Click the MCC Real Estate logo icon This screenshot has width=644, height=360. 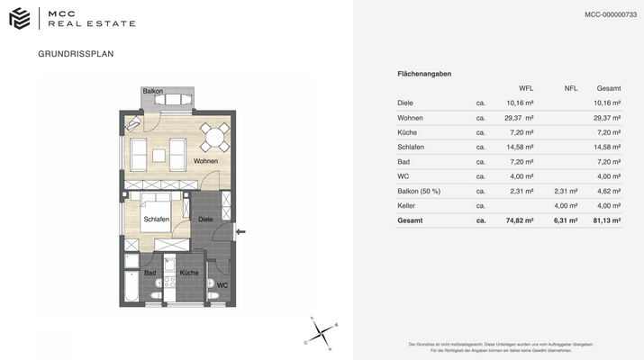coord(20,18)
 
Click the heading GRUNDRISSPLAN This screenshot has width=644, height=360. coord(76,54)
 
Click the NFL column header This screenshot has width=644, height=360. coord(570,88)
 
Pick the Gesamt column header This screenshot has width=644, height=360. coord(609,88)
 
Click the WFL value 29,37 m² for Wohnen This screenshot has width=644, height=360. coord(520,118)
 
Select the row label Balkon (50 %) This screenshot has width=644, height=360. coord(419,191)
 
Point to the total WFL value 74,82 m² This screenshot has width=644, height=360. coord(520,220)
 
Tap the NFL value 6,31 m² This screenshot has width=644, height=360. coord(565,220)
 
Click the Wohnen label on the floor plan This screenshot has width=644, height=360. coord(205,161)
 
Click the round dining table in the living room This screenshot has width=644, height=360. coord(214,136)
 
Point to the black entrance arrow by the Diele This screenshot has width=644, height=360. coord(240,232)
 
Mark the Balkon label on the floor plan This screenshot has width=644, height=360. coord(153,91)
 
